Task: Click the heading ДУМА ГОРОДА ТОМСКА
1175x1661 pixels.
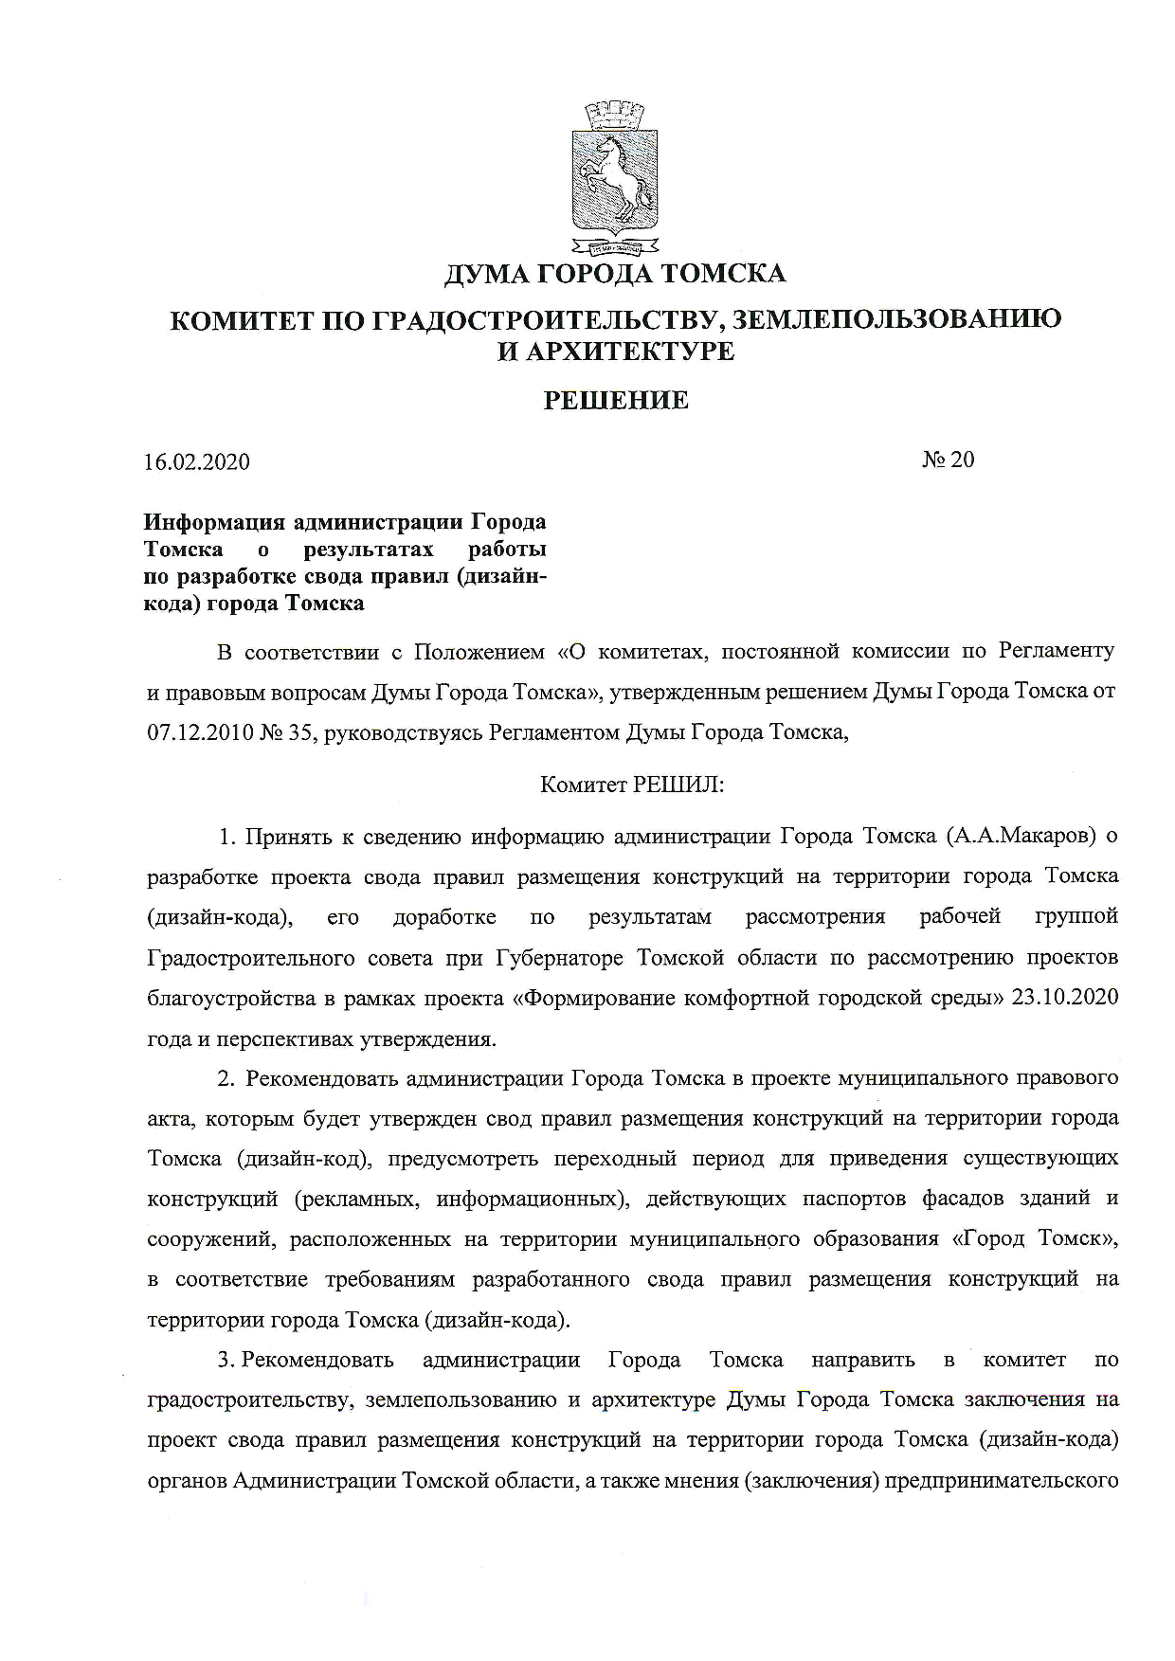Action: point(615,275)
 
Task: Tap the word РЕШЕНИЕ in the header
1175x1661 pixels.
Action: point(615,401)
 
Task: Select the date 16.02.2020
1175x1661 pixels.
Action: point(197,462)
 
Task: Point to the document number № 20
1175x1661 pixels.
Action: point(948,460)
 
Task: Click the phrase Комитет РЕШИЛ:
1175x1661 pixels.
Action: point(631,785)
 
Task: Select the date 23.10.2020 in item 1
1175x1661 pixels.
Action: point(1065,998)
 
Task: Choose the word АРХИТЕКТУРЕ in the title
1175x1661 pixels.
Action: point(629,352)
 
